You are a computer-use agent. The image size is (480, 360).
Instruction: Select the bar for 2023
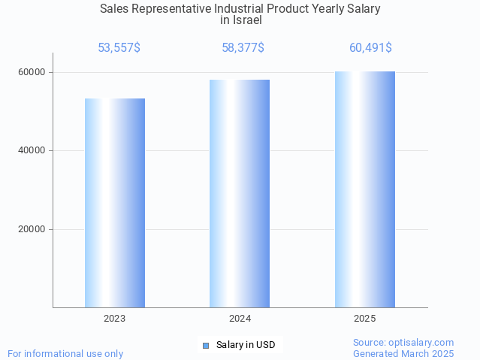(x=115, y=203)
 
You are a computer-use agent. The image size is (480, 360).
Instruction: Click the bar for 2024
(x=240, y=193)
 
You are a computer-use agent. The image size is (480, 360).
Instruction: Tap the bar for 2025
(x=365, y=189)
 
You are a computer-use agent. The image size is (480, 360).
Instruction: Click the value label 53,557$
(x=119, y=48)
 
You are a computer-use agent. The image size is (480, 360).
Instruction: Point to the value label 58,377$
(x=243, y=48)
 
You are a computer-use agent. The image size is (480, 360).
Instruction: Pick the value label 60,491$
(x=370, y=48)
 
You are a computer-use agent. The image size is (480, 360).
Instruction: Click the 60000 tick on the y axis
(x=32, y=73)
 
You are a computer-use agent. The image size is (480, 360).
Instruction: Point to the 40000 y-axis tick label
(x=32, y=151)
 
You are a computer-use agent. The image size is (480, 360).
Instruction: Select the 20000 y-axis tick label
(x=32, y=230)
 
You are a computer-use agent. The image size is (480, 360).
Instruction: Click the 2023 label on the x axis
(x=115, y=319)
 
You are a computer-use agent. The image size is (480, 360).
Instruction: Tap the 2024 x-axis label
(x=240, y=319)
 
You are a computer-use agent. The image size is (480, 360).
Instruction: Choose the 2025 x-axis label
(x=365, y=319)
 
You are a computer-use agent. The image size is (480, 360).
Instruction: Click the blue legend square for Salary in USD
(x=205, y=346)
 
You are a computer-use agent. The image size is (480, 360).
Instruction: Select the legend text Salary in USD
(x=246, y=346)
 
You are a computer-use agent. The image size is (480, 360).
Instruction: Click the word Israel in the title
(x=246, y=20)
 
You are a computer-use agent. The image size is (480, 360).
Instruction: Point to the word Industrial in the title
(x=250, y=9)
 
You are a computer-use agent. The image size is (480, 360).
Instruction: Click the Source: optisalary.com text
(x=403, y=343)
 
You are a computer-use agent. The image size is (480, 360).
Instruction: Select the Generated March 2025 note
(x=403, y=353)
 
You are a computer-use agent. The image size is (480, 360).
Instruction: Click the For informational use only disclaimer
(x=65, y=353)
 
